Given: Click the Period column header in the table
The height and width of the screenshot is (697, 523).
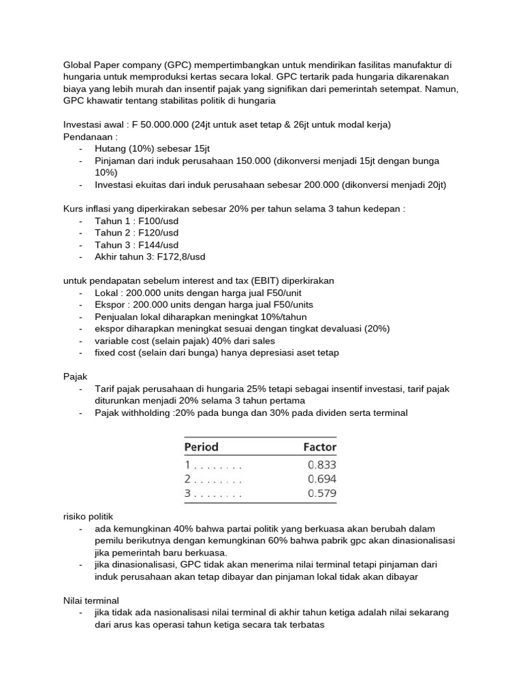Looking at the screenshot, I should coord(202,447).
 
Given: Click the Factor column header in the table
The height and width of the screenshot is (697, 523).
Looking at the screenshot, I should coord(319,447).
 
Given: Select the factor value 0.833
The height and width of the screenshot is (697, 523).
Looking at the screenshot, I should coord(322,465).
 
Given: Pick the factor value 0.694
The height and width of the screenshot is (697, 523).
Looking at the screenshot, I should coord(322,479).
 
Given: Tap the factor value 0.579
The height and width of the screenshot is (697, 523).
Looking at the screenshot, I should coord(322,493).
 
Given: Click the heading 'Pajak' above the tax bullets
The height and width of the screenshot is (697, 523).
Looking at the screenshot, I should coord(74,376).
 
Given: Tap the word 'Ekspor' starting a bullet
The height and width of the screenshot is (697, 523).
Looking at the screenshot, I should coord(110,304).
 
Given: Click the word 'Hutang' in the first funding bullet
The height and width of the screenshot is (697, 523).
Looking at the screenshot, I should coord(111,148).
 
